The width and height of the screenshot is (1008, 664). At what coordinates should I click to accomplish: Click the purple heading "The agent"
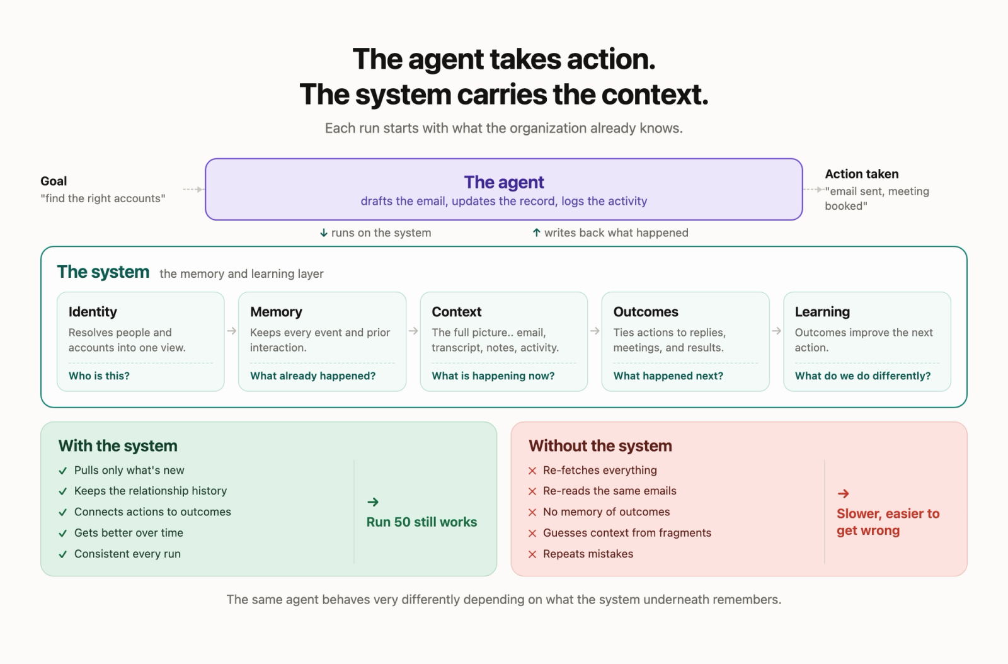coord(503,182)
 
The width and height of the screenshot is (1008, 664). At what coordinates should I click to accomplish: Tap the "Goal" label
coord(54,181)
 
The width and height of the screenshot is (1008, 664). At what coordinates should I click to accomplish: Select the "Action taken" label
coord(861,174)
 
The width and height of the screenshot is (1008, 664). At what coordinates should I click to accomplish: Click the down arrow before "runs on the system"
coord(324,232)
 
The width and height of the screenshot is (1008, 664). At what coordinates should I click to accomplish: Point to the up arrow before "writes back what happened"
coord(536,232)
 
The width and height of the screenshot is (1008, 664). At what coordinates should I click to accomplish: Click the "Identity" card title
coord(93,311)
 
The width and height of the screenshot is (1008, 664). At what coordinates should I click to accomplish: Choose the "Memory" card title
coord(276,311)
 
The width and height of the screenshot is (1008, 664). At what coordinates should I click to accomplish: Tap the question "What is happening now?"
coord(493,375)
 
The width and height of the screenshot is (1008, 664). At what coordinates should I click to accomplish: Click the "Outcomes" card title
coord(646,311)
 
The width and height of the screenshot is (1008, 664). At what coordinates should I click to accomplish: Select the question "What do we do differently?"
coord(862,375)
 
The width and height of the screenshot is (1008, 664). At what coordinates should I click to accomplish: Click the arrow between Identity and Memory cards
coord(232,331)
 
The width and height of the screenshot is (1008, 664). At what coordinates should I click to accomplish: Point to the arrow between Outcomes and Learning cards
coord(776,331)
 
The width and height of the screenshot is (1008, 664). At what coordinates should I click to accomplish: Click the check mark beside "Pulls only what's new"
coord(63,471)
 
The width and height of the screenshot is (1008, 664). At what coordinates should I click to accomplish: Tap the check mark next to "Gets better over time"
coord(63,533)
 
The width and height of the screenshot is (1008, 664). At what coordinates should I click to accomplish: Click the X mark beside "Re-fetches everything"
coord(532,471)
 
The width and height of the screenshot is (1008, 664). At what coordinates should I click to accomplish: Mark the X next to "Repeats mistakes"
coord(532,554)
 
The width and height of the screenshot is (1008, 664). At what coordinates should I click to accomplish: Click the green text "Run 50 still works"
coord(421,522)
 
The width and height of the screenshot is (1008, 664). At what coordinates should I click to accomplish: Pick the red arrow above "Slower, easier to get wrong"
coord(844,493)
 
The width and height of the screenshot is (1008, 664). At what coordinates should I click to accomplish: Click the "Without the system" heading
coord(600,446)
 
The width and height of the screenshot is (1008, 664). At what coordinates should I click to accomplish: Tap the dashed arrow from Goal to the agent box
coord(193,190)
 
